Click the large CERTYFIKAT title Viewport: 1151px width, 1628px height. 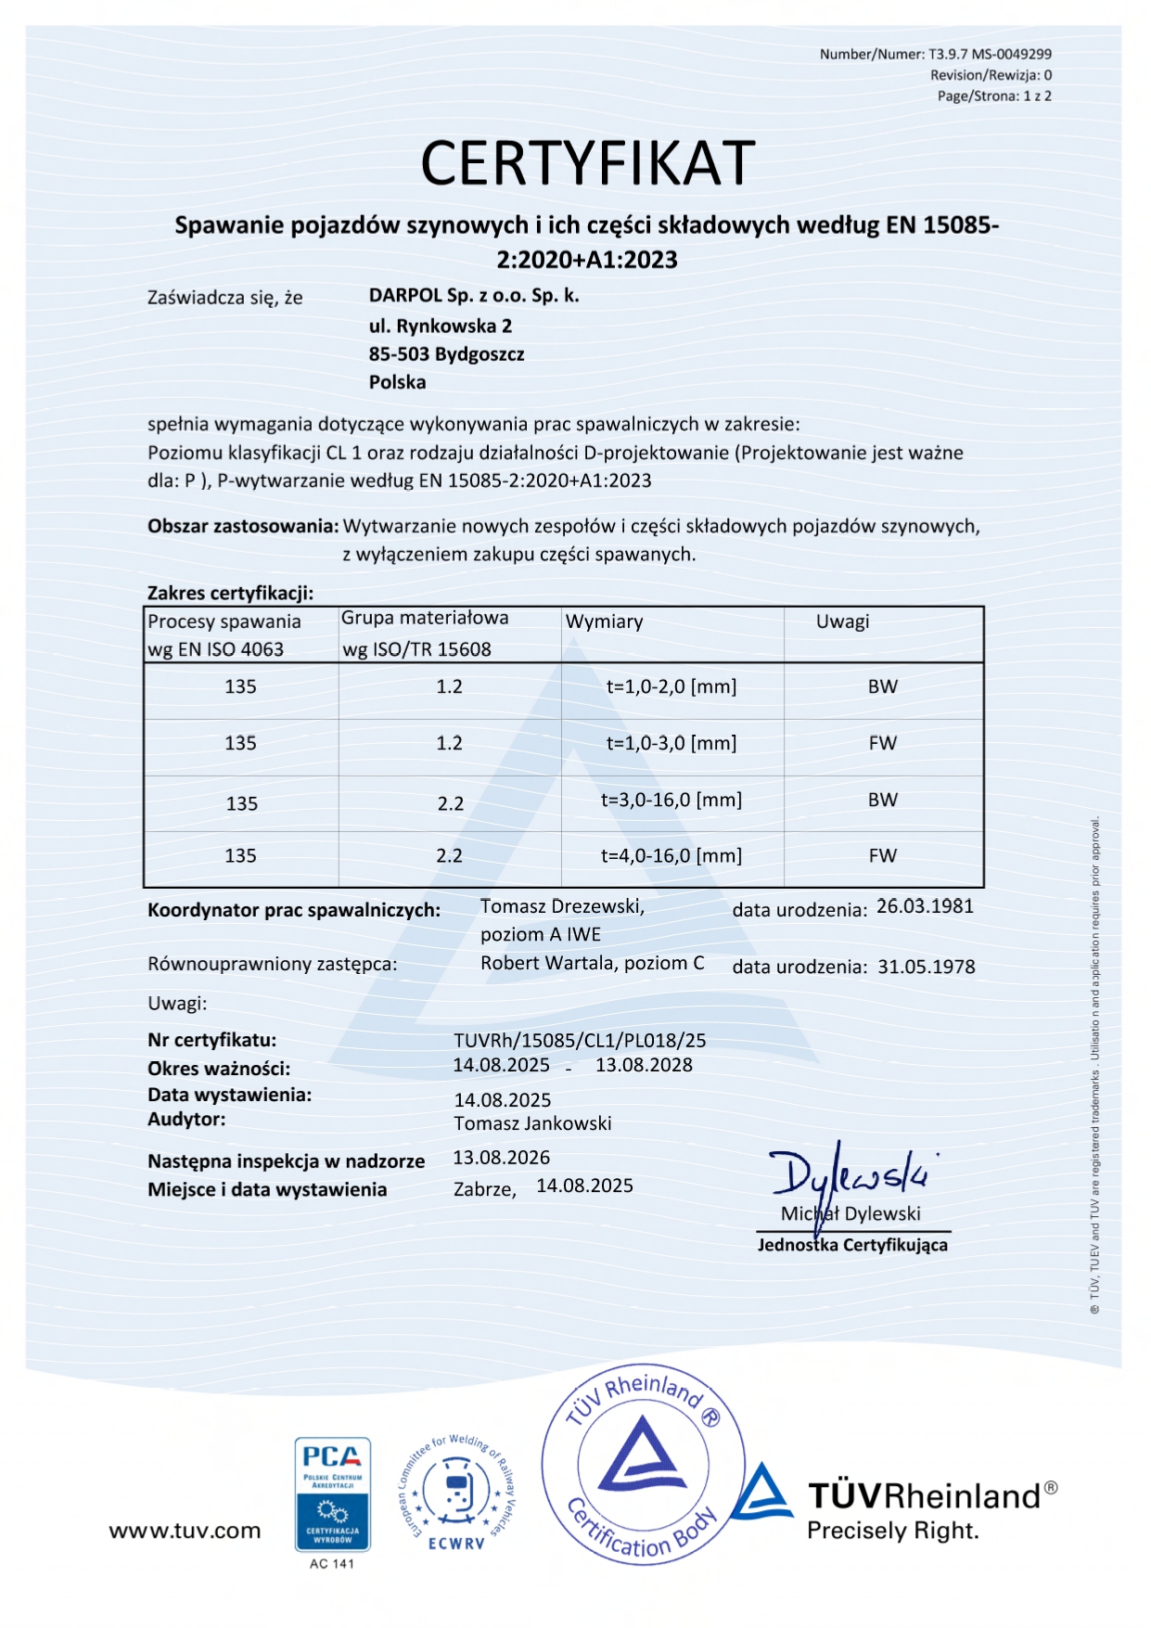coord(587,163)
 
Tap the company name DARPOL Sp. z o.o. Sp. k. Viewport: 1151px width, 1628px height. coord(473,296)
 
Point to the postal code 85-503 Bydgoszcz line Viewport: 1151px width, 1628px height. coord(446,354)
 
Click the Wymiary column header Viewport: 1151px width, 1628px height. coord(604,622)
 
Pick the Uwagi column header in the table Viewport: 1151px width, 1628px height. coord(842,622)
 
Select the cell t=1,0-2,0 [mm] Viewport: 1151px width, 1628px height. coord(671,687)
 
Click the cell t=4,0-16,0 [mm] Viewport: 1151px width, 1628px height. coord(671,856)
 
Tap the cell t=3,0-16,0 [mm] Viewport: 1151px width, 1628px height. coord(671,800)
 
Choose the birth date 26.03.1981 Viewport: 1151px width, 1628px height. coord(925,906)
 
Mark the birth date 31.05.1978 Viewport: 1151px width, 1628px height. coord(926,967)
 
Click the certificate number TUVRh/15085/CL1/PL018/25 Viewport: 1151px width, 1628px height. coord(580,1041)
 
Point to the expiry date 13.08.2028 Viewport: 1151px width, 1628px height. coord(644,1065)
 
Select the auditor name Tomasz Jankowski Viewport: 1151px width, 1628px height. coord(532,1123)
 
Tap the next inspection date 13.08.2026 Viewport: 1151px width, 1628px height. coord(501,1158)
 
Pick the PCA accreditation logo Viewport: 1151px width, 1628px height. coord(332,1493)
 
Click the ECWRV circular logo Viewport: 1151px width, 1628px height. coord(456,1492)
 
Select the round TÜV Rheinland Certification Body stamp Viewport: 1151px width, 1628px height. coord(643,1464)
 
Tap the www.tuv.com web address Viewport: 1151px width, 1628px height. coord(185,1531)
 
